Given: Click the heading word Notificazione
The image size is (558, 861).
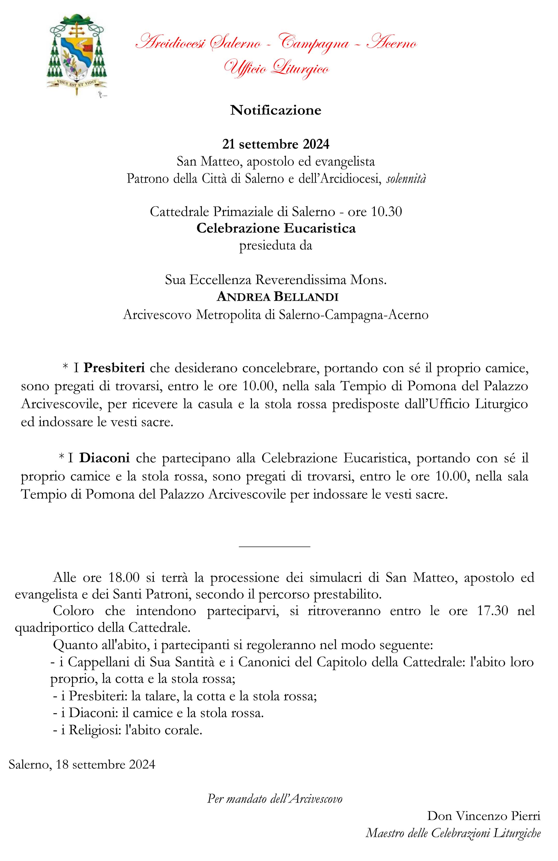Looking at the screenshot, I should (x=276, y=110).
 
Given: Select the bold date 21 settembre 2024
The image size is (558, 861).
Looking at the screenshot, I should (x=276, y=144).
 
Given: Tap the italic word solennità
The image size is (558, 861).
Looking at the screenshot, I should (x=406, y=179).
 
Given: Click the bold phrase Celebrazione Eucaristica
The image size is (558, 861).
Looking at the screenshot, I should (x=276, y=229).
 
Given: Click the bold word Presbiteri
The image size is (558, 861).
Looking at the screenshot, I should (x=114, y=368).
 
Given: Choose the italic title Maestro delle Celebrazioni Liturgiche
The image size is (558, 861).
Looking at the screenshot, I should (x=453, y=833).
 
